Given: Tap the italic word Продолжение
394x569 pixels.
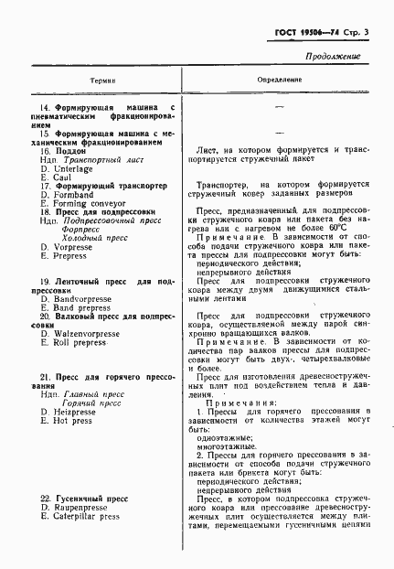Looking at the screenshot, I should (x=333, y=56).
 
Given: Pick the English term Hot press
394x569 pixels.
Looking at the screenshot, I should (x=73, y=422).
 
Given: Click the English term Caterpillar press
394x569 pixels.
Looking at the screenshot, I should (x=87, y=517).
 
